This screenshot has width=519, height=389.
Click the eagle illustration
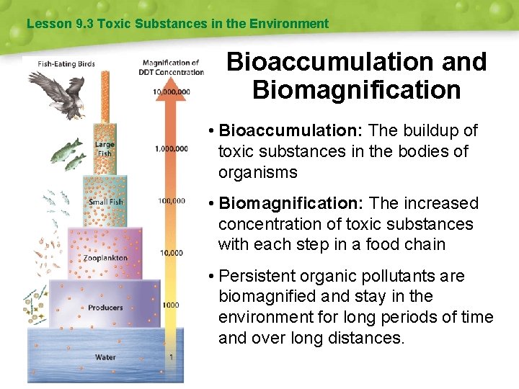63,90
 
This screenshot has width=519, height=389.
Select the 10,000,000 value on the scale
172,91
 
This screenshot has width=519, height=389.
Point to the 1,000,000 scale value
172,148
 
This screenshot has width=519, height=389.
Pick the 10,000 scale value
171,253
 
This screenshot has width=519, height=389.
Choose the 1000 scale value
170,305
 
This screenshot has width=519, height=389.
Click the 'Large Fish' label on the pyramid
105,148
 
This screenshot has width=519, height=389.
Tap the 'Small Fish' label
106,202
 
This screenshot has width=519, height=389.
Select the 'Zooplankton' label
105,258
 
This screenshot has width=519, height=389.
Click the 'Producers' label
105,308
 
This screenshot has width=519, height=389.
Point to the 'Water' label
105,357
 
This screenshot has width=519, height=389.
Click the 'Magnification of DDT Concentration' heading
172,67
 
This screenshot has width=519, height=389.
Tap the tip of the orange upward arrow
170,79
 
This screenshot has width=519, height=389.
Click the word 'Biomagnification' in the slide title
356,91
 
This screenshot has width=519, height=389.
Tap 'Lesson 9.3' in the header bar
49,24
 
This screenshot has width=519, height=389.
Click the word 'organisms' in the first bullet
257,172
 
